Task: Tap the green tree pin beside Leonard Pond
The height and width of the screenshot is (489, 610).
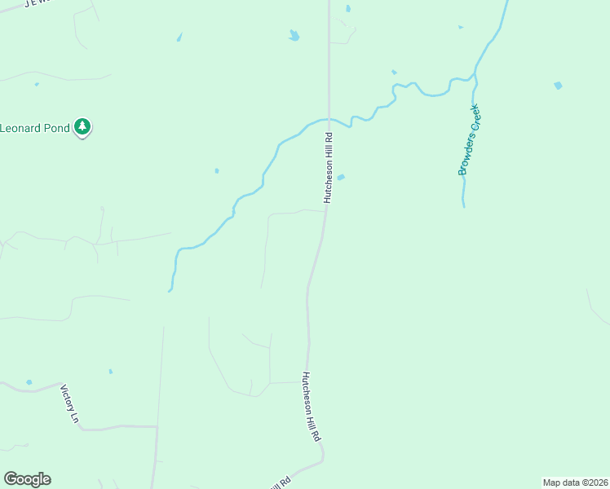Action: click(x=82, y=126)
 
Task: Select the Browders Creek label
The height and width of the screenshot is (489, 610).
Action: click(x=471, y=139)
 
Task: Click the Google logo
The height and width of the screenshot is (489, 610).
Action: click(x=27, y=479)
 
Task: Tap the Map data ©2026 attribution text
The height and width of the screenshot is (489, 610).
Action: click(x=576, y=482)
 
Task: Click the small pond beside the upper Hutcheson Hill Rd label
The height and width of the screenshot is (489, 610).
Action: click(x=341, y=177)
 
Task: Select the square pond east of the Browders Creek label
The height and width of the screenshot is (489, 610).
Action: click(x=558, y=85)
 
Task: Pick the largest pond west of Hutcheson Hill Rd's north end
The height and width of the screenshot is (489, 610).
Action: click(x=294, y=35)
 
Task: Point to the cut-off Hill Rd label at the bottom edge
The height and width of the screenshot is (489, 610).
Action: click(x=279, y=483)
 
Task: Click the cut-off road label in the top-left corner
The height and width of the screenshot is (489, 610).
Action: click(x=38, y=2)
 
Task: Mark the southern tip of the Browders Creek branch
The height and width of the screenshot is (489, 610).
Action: click(x=464, y=206)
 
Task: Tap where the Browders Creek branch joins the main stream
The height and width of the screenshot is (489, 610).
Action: click(x=475, y=77)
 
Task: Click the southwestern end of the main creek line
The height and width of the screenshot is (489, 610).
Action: click(x=170, y=290)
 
